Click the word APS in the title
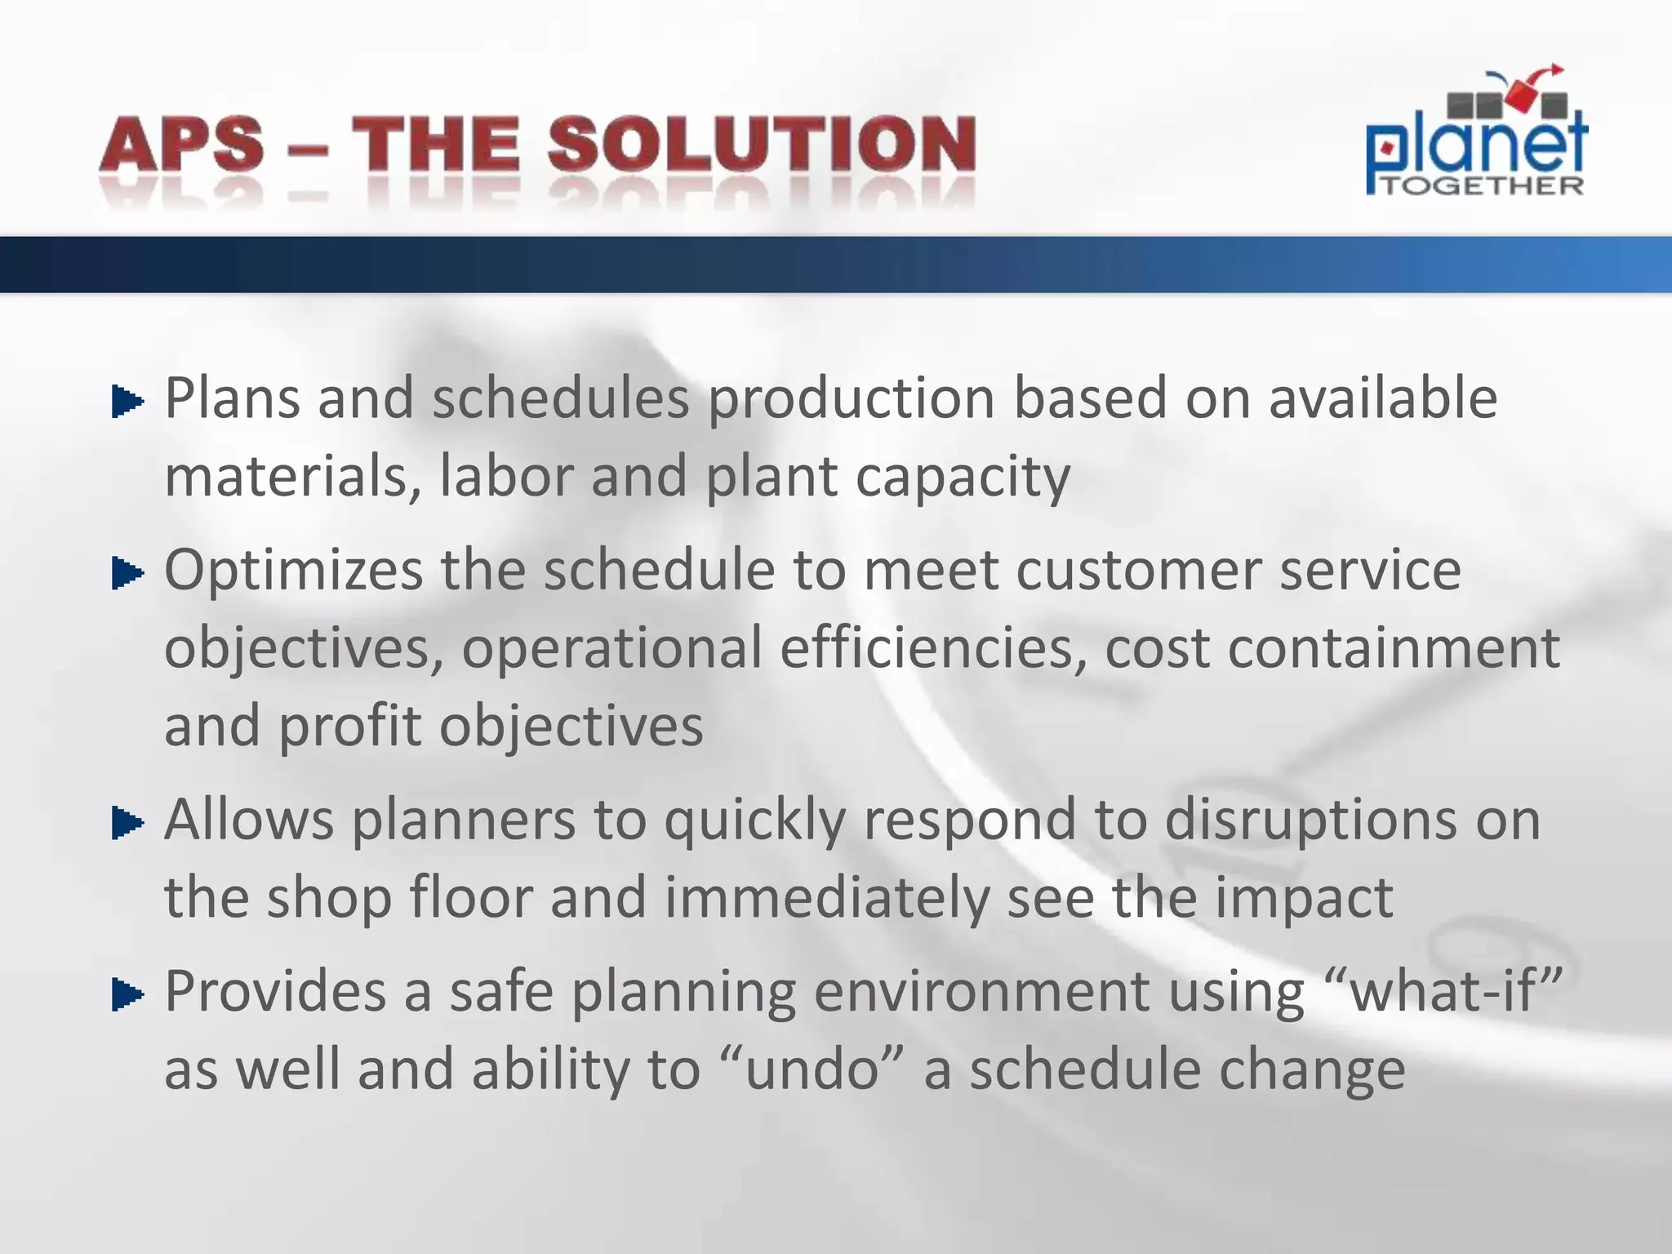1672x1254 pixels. (182, 145)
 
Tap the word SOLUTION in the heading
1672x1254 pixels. (761, 145)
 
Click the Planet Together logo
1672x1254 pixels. (1476, 135)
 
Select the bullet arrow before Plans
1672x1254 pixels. (127, 402)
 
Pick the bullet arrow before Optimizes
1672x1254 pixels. (127, 573)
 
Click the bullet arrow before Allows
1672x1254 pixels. (127, 823)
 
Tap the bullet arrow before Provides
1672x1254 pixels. (127, 994)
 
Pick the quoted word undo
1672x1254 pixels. (813, 1069)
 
